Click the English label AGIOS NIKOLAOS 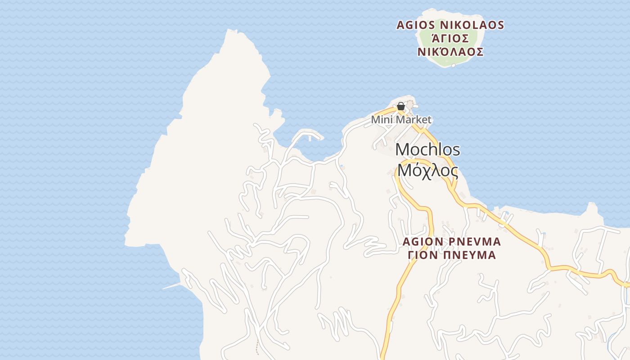pos(450,25)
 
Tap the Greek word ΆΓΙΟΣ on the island pos(450,38)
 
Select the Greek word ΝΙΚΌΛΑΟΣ pos(450,52)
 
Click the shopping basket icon pos(400,107)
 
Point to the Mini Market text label pos(401,120)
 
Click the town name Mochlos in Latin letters pos(427,150)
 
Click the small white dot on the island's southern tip pos(453,65)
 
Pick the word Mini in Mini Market pos(380,120)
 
